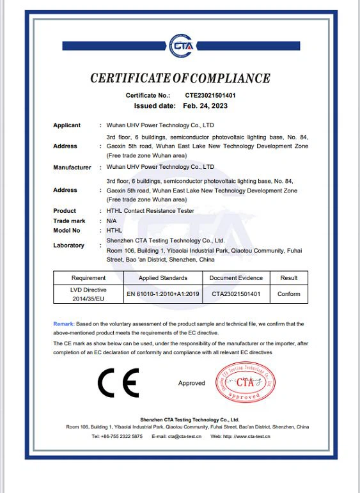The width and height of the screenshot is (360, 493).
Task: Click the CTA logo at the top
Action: pos(180,46)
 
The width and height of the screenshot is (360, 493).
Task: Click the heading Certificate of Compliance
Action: pos(180,79)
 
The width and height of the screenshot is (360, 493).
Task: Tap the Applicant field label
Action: pos(67,125)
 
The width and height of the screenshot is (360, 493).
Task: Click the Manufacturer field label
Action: pos(72,168)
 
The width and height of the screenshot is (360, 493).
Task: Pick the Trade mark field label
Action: pos(69,220)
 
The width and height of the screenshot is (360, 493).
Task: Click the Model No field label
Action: pos(67,230)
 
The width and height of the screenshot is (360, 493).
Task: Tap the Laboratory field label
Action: pos(68,246)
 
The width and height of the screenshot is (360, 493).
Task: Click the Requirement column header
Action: pos(88,278)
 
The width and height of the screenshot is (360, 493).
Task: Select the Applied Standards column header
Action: pos(163,278)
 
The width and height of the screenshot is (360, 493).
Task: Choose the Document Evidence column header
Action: pos(236,278)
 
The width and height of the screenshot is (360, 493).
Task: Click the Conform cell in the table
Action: pos(288,295)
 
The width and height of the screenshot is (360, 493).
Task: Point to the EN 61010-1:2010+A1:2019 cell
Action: pos(163,295)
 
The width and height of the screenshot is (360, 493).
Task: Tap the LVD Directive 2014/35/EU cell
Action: pos(88,294)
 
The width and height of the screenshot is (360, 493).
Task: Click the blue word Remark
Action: pos(63,324)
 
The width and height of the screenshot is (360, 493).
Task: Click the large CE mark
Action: pos(118,383)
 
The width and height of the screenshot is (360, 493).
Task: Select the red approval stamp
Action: pos(246,382)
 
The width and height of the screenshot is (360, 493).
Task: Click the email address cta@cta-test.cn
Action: pos(185,436)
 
